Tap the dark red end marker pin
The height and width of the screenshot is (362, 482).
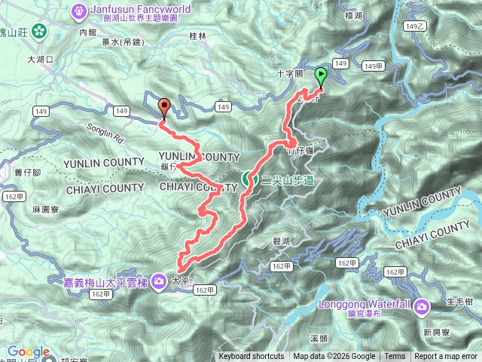pyautogui.click(x=165, y=107)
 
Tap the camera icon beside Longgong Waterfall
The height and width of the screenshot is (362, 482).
pyautogui.click(x=423, y=306)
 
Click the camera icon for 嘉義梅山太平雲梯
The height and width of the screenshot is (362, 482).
pyautogui.click(x=160, y=282)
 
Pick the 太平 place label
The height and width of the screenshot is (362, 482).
pyautogui.click(x=178, y=279)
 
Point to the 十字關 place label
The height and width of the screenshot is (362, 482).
pyautogui.click(x=288, y=73)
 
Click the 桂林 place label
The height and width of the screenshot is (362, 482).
pyautogui.click(x=198, y=35)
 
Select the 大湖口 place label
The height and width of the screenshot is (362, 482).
pyautogui.click(x=41, y=59)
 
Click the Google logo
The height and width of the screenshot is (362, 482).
pyautogui.click(x=28, y=351)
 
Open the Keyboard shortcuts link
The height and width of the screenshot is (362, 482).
pyautogui.click(x=251, y=357)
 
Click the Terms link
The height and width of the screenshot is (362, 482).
pyautogui.click(x=395, y=357)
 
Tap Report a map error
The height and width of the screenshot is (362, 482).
pyautogui.click(x=446, y=357)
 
